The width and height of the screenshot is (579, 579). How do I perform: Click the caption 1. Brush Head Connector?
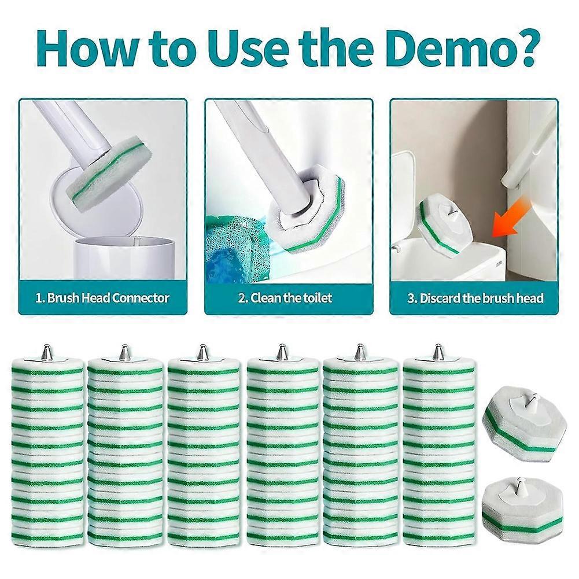point(102,298)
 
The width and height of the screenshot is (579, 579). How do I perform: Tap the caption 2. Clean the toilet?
point(285,298)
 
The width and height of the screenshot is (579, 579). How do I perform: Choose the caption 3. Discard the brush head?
point(475,298)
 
